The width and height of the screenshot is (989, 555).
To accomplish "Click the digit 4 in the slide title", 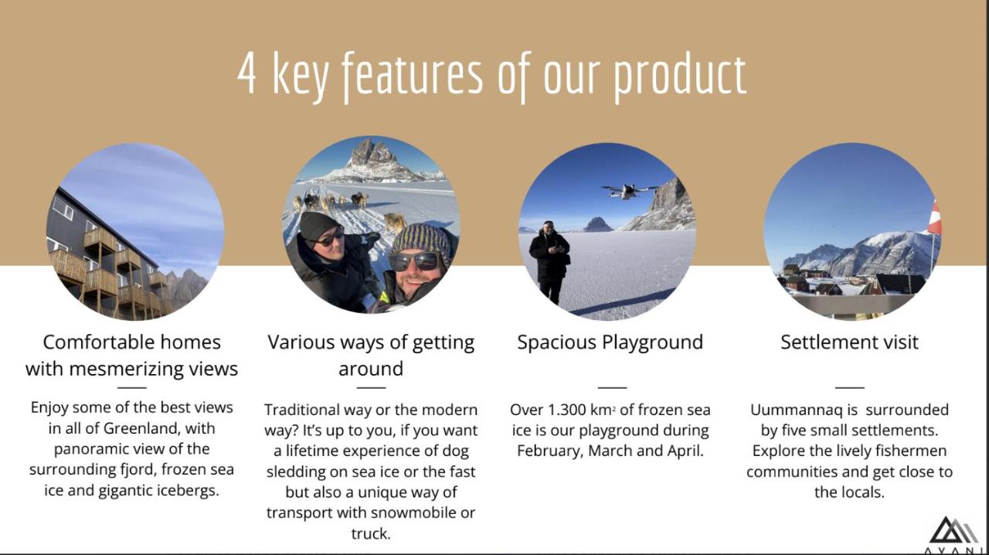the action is click(x=246, y=73).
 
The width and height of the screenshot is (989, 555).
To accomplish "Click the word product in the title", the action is click(x=680, y=77).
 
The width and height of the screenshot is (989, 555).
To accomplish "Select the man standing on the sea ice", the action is click(x=549, y=263).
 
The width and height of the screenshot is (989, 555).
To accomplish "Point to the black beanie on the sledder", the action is click(x=319, y=226).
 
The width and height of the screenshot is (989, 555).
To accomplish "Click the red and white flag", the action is click(x=934, y=217).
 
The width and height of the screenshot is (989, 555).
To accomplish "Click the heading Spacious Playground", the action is click(x=610, y=342).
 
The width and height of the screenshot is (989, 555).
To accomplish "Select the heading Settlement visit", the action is click(x=849, y=342).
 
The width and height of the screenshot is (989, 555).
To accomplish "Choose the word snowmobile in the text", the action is click(x=413, y=512).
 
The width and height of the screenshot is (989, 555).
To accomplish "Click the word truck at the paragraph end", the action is click(x=371, y=534).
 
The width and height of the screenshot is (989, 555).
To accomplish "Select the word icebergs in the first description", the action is click(x=192, y=491).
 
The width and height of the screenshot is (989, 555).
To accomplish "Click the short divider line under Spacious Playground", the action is click(x=612, y=387).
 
